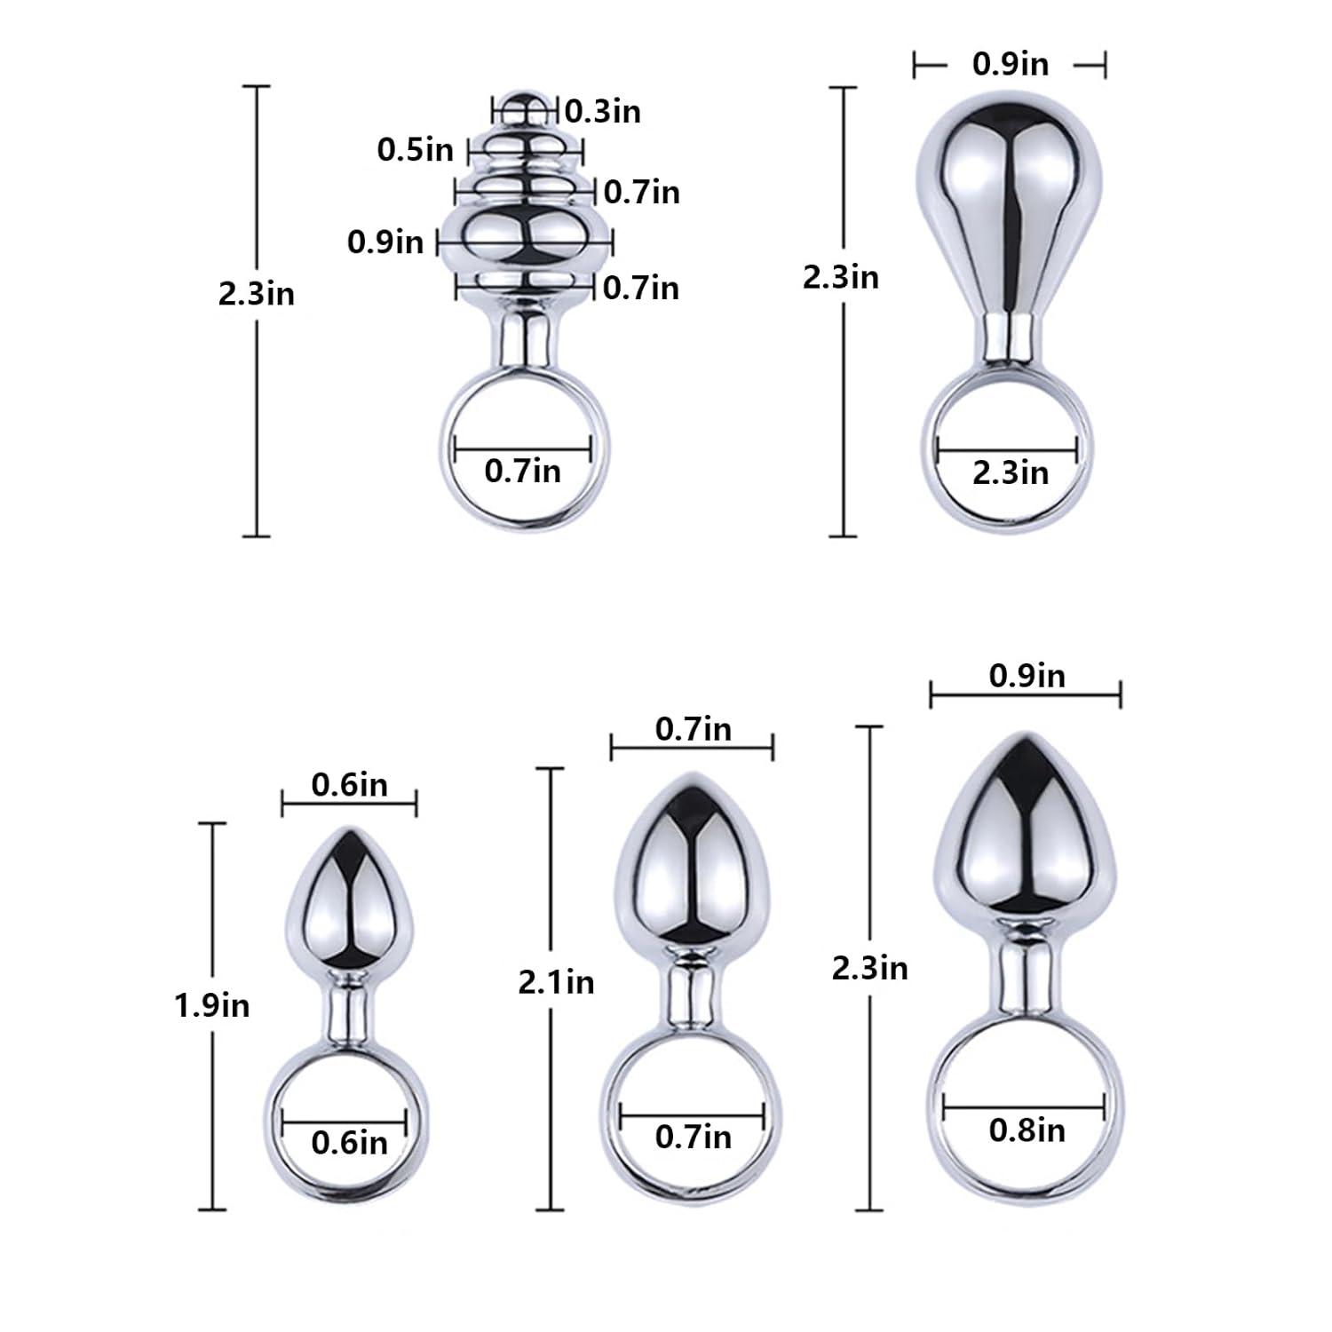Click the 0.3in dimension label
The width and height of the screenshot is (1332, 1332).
(603, 111)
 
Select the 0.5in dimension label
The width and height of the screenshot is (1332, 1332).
(415, 149)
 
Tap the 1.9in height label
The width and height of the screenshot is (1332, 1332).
(212, 1005)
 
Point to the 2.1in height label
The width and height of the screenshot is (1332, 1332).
(557, 982)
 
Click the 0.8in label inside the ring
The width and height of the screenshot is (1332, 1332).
(1027, 1130)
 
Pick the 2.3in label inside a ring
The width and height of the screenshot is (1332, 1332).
(1011, 472)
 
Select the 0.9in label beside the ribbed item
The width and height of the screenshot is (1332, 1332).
(385, 242)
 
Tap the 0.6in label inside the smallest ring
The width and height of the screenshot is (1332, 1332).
(350, 1142)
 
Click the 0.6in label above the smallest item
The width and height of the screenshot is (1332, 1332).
(350, 784)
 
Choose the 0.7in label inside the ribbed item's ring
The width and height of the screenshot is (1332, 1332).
(523, 470)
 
